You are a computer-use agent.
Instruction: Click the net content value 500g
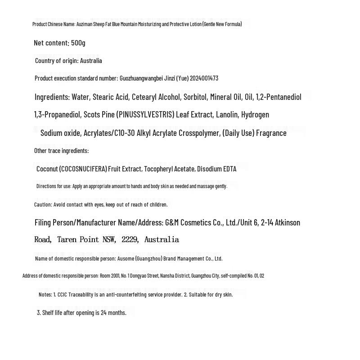[78, 43]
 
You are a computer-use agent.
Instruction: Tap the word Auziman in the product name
[84, 24]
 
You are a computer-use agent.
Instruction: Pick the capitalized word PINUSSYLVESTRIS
[145, 115]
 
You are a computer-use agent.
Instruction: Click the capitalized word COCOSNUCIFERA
[83, 169]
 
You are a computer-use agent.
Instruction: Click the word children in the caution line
[157, 205]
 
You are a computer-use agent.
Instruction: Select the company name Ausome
[126, 259]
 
